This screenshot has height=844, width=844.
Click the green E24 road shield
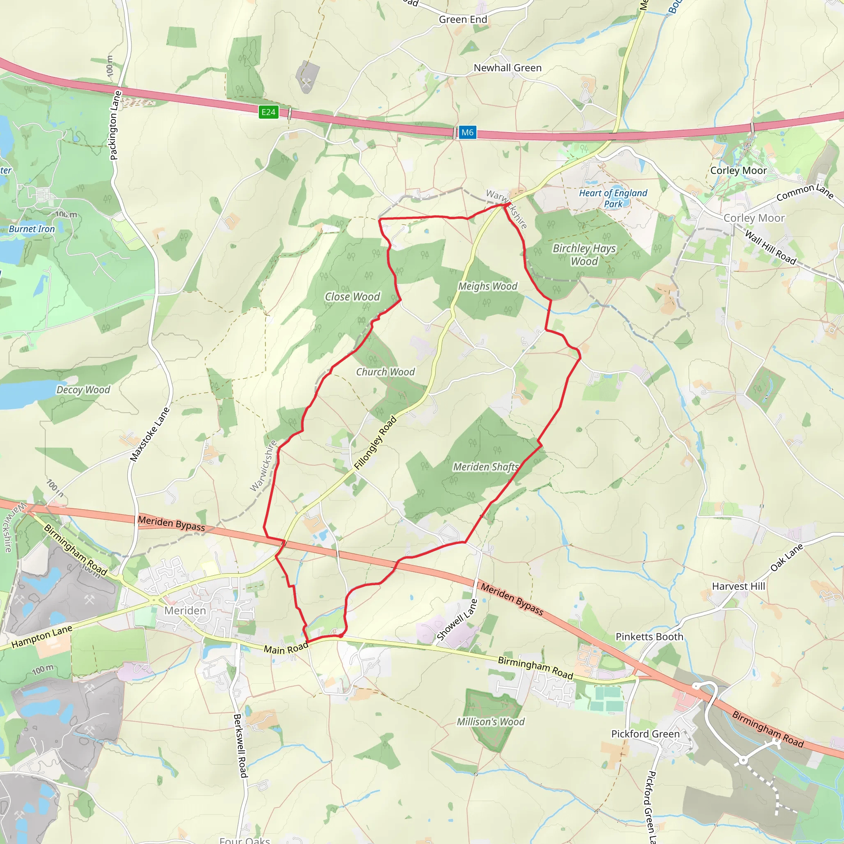pos(268,112)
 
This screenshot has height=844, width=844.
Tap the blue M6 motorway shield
pos(467,132)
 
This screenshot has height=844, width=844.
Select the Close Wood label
pos(352,297)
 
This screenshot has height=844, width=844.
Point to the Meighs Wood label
pos(488,286)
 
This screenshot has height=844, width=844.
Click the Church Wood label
pos(385,372)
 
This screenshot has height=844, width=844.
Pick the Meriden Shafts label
pos(486,467)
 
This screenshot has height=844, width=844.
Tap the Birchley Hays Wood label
pos(584,255)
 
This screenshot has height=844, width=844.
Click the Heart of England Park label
pos(613,198)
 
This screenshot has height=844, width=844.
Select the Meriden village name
pos(185,610)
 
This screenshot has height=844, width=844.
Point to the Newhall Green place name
pos(508,68)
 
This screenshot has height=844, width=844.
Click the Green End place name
pos(463,20)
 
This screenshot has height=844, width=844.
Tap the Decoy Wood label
pos(83,390)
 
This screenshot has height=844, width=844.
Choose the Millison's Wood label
pos(490,722)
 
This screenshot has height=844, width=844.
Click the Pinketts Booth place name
pos(649,636)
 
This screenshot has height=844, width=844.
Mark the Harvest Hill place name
pos(738,586)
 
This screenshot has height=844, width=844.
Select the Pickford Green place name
pos(645,734)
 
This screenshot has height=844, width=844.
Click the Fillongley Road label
pos(375,443)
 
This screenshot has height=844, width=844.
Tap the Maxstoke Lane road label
pos(150,434)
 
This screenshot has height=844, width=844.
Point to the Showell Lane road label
pos(457,620)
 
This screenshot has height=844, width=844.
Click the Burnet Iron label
pos(32,229)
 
